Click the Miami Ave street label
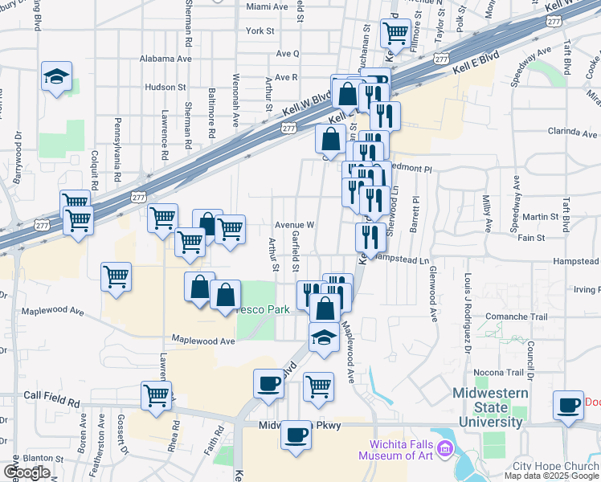coord(268,6)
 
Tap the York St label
coord(260,31)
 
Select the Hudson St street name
coord(166,87)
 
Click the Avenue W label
coord(293,225)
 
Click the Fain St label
coord(531,238)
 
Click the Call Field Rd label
coord(52,396)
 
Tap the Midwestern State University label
coord(490,407)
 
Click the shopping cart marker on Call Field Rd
coord(156,394)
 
